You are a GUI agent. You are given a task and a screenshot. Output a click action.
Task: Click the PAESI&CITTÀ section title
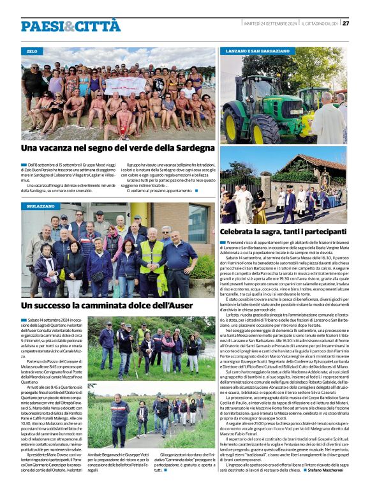pyautogui.click(x=70, y=26)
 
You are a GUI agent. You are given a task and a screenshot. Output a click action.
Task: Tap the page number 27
pyautogui.click(x=346, y=24)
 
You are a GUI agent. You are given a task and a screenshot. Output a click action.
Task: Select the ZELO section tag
pyautogui.click(x=32, y=50)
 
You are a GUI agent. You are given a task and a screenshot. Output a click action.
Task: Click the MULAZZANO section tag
pyautogui.click(x=40, y=207)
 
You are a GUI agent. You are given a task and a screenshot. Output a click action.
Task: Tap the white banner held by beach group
pyautogui.click(x=125, y=85)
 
